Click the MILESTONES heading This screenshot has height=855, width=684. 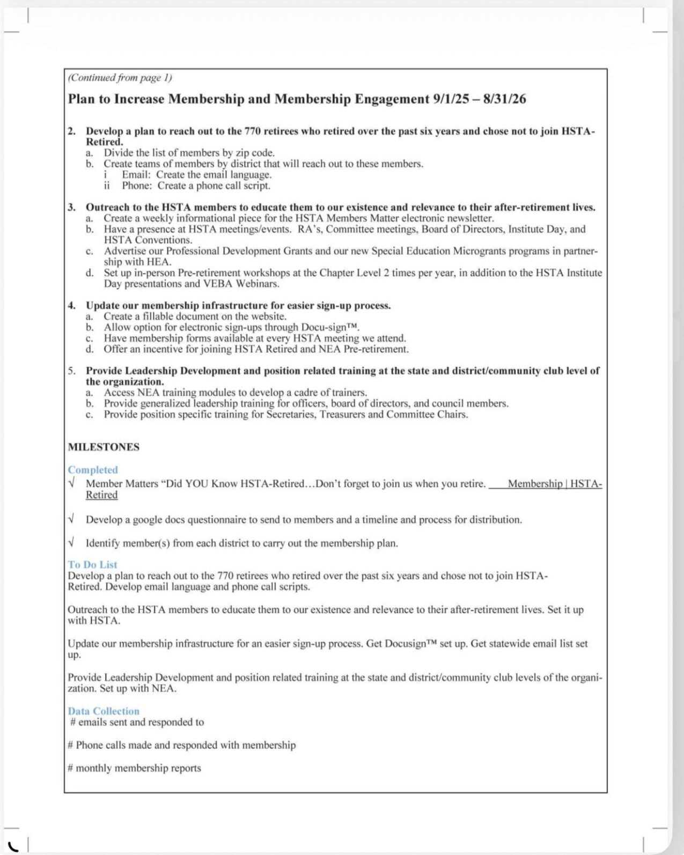[104, 447]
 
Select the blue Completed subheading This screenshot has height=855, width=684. [93, 470]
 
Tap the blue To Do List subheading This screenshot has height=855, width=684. [92, 564]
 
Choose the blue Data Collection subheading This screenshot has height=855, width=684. [104, 711]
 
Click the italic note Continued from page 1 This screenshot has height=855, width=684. [120, 78]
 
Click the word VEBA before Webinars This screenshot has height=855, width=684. [218, 284]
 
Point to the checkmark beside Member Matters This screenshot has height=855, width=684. [72, 483]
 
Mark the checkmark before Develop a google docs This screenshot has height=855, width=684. [72, 519]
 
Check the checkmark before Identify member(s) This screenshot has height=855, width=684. [72, 543]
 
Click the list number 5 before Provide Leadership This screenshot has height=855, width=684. [71, 371]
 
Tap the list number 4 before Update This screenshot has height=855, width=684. [71, 306]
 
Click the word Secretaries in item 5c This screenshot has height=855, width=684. [290, 415]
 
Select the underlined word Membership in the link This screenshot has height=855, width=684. [535, 484]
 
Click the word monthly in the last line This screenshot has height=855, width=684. [94, 768]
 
